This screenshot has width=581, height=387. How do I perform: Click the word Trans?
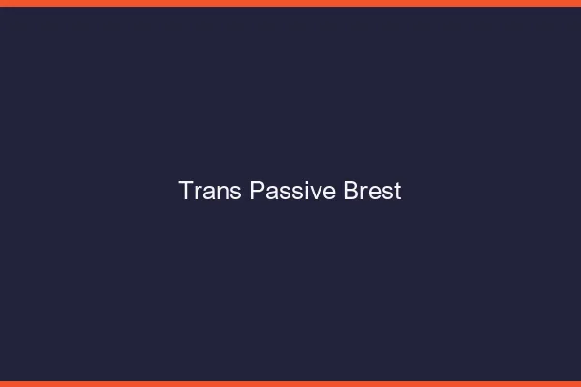click(x=210, y=191)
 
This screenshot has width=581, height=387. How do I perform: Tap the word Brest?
click(x=373, y=191)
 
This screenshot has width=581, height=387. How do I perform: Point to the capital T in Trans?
click(x=186, y=191)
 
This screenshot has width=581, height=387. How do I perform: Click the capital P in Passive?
click(x=257, y=191)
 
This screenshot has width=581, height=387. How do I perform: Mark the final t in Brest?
click(x=397, y=192)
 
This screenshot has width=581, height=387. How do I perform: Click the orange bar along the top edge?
click(x=290, y=3)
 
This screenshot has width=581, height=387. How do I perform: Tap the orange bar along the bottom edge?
click(x=290, y=383)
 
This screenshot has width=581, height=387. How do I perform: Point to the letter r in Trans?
click(x=198, y=193)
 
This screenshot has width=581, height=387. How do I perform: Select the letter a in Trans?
click(x=207, y=193)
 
